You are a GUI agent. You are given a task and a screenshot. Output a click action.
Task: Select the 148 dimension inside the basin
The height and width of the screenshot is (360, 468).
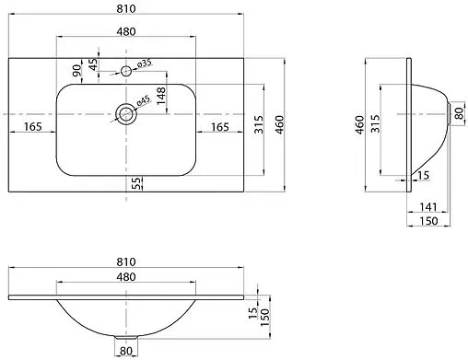(160, 95)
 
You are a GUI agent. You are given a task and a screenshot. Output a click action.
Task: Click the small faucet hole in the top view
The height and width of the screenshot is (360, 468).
(126, 71)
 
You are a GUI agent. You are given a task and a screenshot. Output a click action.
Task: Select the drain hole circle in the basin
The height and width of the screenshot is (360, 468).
(126, 114)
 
